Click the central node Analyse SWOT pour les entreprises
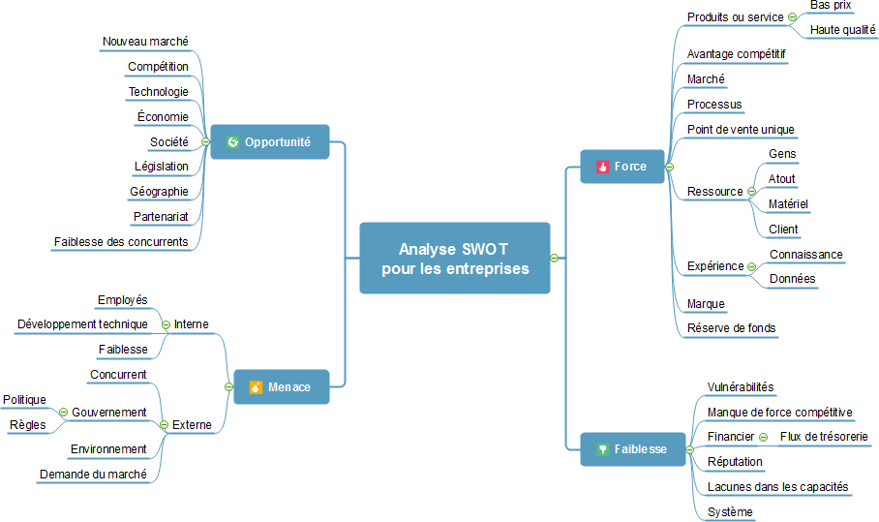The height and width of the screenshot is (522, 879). tap(455, 259)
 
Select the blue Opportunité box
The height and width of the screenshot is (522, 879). tap(270, 141)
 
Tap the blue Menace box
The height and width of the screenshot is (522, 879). tap(281, 387)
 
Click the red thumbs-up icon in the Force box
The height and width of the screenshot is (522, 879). tap(602, 167)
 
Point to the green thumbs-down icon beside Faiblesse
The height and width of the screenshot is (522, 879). tap(601, 449)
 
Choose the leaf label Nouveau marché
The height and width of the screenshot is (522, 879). tap(145, 42)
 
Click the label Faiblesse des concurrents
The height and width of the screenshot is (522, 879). tap(121, 241)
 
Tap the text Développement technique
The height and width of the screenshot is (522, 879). tap(82, 324)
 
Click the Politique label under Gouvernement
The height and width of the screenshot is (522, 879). tap(24, 400)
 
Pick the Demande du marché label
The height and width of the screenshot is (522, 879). tap(93, 475)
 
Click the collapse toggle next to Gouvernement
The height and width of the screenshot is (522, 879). tap(63, 413)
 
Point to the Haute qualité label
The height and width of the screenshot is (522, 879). tap(842, 30)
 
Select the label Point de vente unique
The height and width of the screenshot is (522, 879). tap(741, 130)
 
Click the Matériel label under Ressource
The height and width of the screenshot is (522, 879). tap(788, 204)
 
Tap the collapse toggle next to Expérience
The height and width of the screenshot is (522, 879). tap(752, 266)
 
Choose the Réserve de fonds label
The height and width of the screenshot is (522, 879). tap(731, 328)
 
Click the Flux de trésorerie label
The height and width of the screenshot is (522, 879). tap(824, 437)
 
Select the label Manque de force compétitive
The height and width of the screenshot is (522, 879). tap(779, 413)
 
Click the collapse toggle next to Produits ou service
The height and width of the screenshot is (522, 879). tap(792, 17)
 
